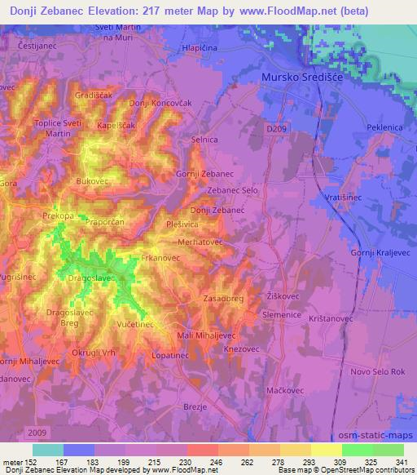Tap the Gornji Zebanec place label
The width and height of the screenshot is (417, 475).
point(204,175)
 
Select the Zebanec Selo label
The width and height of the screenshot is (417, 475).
point(232,189)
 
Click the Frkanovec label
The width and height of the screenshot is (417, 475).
point(160,258)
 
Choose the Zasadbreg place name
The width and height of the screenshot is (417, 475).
point(224,299)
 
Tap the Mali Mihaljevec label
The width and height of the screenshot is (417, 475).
point(206,335)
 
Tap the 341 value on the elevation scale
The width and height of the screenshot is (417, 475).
point(403,461)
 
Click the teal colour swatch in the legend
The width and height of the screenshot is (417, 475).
point(47,450)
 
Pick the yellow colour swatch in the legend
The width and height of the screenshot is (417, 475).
point(326,450)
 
